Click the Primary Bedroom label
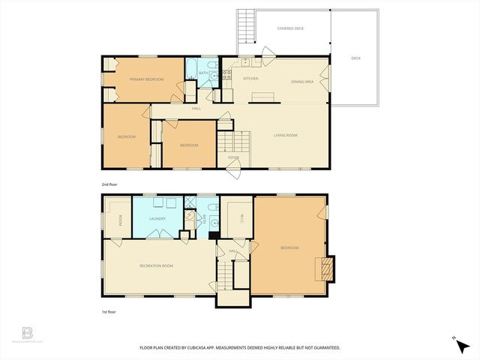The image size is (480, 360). tap(146, 79)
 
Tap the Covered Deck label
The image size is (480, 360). tap(289, 29)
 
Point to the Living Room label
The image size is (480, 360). tap(285, 135)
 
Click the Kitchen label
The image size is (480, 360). tap(250, 78)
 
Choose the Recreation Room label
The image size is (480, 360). tap(156, 265)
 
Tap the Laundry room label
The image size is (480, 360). tap(157, 218)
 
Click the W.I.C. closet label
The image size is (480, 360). tap(232, 218)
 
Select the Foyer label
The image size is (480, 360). tap(234, 157)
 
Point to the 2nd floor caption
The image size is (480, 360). tap(110, 183)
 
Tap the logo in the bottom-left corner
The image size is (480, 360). tap(28, 332)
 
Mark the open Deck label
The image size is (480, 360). tap(355, 57)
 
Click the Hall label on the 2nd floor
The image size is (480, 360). tap(196, 109)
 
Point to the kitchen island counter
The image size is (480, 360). tap(263, 95)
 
